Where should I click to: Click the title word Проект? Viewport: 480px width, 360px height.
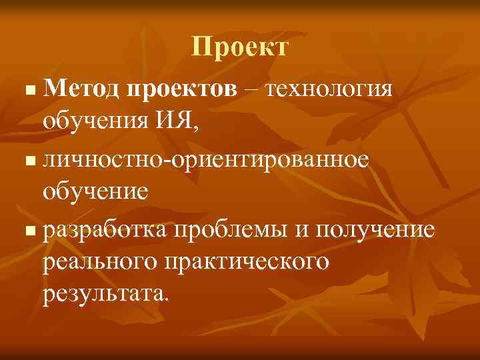[240, 47]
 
